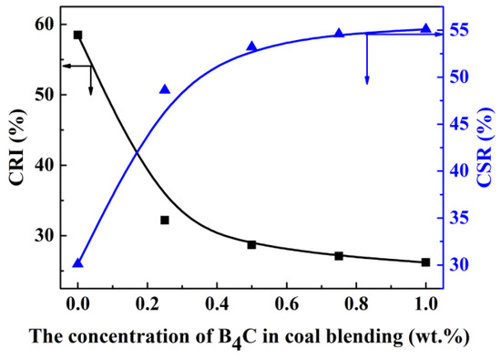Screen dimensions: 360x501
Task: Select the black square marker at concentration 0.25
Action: point(165,220)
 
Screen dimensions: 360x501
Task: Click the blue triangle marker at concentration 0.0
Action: point(77,262)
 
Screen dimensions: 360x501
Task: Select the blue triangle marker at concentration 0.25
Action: point(165,89)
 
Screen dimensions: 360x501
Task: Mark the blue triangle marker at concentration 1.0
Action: point(425,28)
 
